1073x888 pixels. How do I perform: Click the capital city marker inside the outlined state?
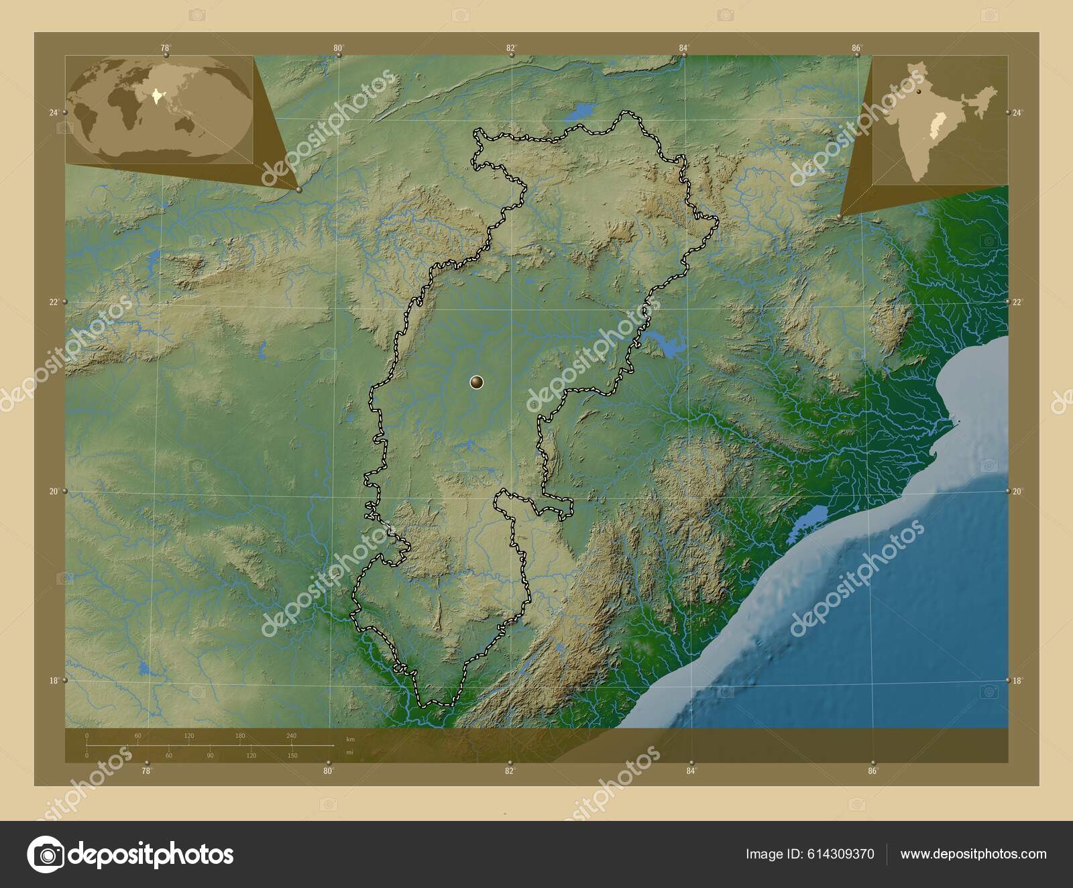(x=476, y=382)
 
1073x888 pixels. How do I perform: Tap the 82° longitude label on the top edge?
(x=511, y=48)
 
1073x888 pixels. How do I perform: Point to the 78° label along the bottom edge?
(x=146, y=771)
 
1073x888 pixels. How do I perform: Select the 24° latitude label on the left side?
(x=53, y=113)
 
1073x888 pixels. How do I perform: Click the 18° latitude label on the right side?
(x=1017, y=681)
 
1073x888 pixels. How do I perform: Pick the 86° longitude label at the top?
(x=856, y=48)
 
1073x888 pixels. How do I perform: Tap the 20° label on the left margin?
(x=53, y=491)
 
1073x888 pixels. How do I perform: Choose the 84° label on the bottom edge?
(x=691, y=771)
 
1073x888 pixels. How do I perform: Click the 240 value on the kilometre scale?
(x=291, y=736)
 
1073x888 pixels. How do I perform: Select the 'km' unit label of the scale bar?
(x=349, y=738)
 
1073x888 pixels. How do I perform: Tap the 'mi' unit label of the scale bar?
(x=349, y=752)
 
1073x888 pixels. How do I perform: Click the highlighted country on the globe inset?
(x=158, y=97)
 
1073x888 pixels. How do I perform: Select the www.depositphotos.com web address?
(x=973, y=854)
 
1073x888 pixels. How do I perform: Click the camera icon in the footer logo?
(x=46, y=854)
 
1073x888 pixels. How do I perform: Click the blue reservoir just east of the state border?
(x=666, y=345)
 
